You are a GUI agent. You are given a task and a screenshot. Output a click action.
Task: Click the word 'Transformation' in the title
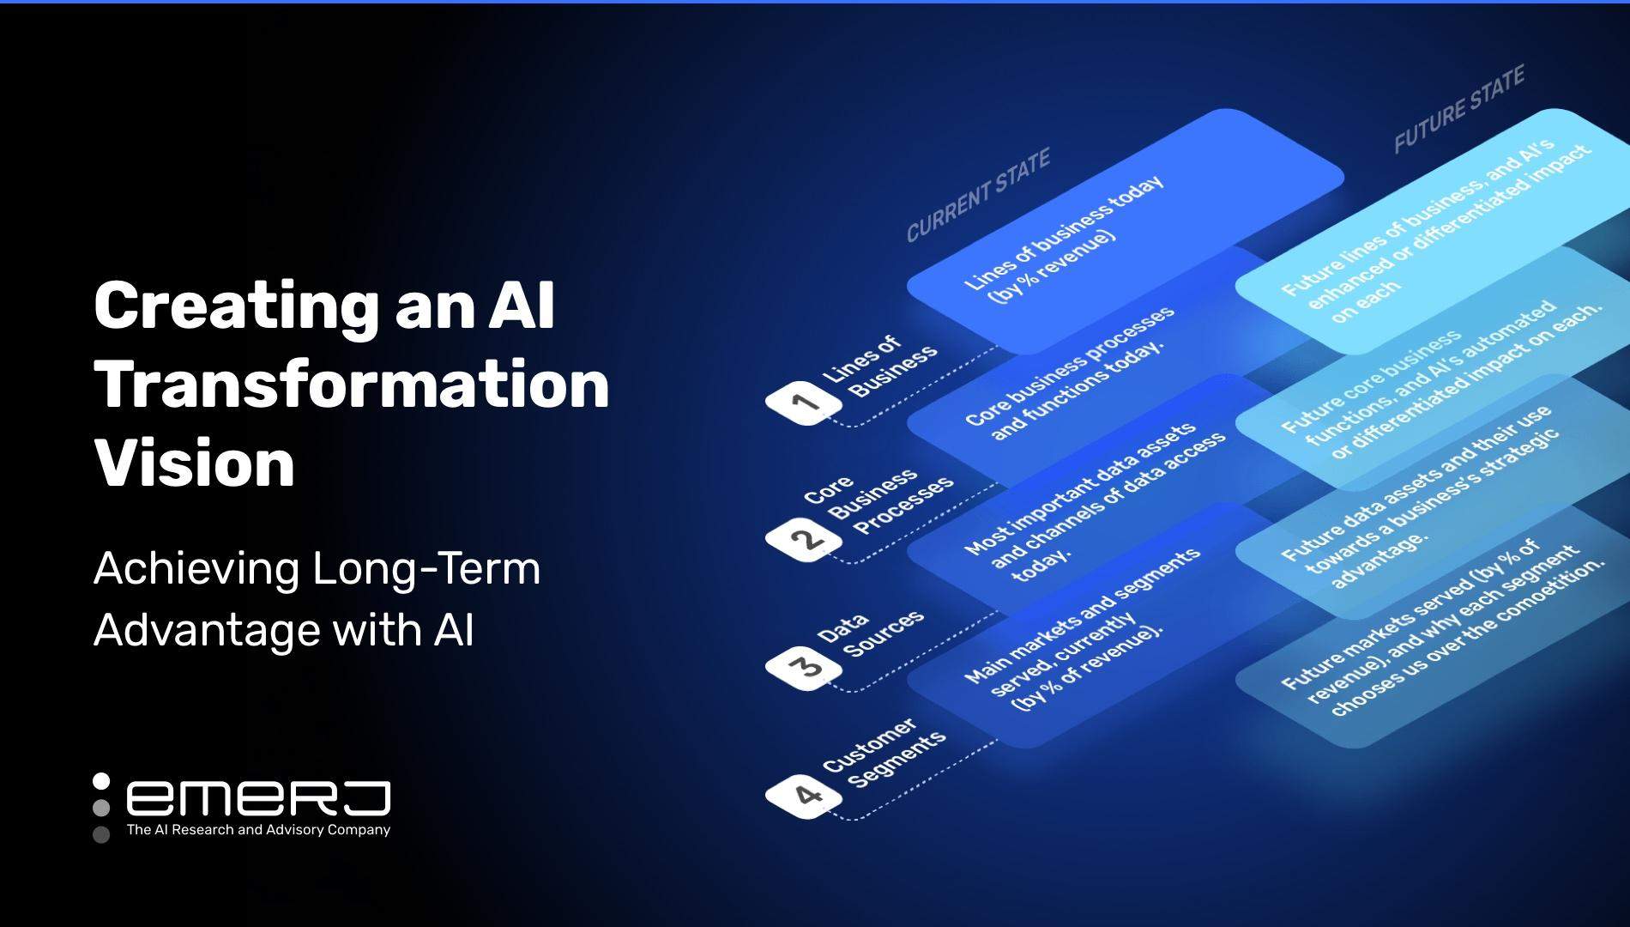tap(352, 385)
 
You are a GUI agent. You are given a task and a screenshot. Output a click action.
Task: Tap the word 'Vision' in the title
tap(195, 463)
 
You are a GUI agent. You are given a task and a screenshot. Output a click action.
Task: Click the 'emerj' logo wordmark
tap(258, 798)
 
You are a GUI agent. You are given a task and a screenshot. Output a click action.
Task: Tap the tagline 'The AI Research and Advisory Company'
tap(258, 830)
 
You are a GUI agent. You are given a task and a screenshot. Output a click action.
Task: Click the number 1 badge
tap(804, 402)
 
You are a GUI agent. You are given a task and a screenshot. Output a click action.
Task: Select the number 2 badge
tap(804, 539)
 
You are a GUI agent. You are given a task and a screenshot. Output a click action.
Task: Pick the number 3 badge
tap(804, 667)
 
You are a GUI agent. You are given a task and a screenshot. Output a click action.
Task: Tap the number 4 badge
tap(804, 796)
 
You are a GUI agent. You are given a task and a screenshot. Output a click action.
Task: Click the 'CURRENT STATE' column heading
tap(979, 196)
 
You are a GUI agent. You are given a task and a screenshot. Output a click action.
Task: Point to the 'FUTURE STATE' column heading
tap(1459, 110)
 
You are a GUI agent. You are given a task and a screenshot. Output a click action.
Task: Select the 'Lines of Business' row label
tap(879, 367)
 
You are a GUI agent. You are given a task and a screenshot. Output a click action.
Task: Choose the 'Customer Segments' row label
tap(884, 753)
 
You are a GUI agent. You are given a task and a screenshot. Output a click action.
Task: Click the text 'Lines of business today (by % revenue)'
tap(1064, 238)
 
